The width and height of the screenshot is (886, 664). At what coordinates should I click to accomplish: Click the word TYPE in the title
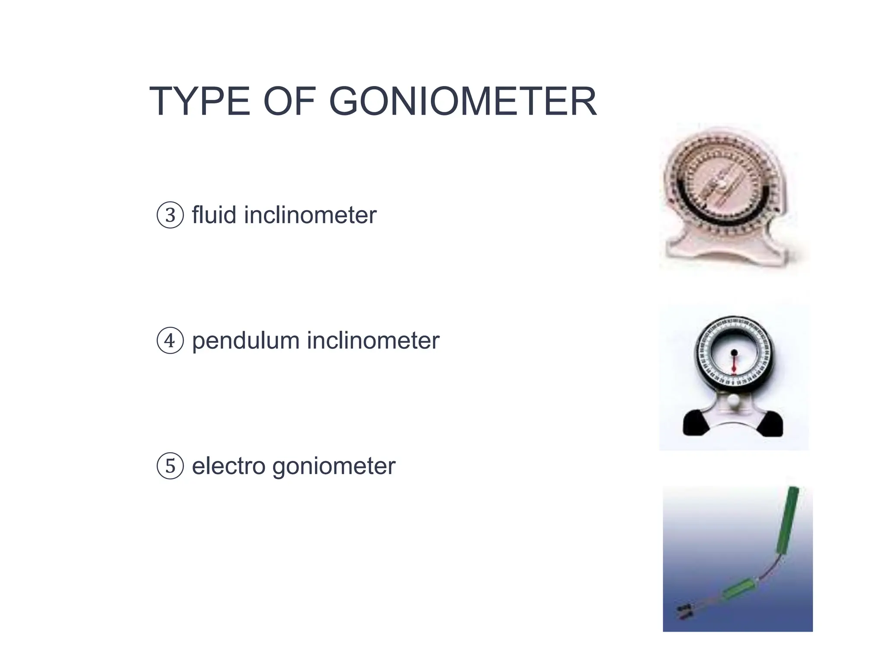click(x=199, y=102)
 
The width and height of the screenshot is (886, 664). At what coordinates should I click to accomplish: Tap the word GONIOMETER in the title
click(x=463, y=102)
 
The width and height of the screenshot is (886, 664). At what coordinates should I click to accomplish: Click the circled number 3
click(x=170, y=215)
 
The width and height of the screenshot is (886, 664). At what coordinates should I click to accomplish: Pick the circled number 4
click(x=170, y=341)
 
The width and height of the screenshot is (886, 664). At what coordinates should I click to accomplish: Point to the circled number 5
click(x=170, y=466)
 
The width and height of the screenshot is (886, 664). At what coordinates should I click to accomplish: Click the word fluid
click(x=214, y=215)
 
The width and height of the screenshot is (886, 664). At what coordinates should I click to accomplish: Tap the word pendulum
click(x=246, y=341)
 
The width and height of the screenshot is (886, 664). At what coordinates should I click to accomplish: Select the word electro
click(x=228, y=466)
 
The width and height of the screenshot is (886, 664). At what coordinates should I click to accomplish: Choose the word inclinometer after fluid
click(x=310, y=215)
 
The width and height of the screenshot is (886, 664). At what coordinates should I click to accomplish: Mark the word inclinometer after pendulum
click(x=373, y=341)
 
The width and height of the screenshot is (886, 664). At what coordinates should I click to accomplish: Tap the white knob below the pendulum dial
click(x=734, y=401)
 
